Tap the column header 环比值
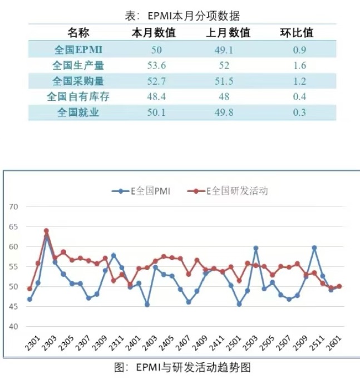tap(296, 33)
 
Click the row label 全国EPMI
tap(78, 50)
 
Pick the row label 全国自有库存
tap(78, 97)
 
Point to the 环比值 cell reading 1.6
tap(296, 66)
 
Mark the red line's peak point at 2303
tap(46, 230)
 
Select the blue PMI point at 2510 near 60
tap(314, 247)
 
